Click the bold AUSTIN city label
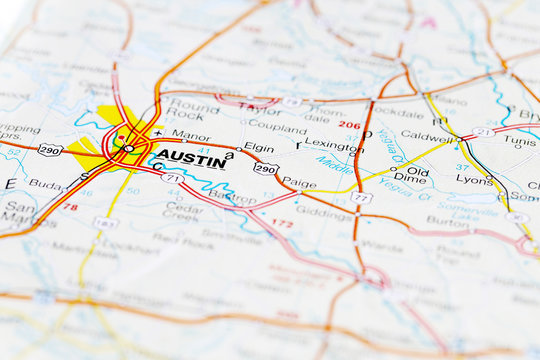pos(191,160)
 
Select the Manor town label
pos(191,134)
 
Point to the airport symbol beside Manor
pos(158,133)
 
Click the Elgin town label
pos(259,148)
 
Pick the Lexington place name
pos(334,146)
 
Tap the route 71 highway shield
pos(171,178)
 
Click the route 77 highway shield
pos(360,198)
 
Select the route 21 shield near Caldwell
pos(484,132)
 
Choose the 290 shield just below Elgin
pos(265,169)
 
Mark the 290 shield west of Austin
pos(50,150)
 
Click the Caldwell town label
pos(430,136)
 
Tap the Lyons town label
pos(475,179)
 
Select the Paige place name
pos(299,182)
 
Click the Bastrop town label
pos(233,198)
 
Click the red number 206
pos(349,125)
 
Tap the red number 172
pos(283,223)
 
